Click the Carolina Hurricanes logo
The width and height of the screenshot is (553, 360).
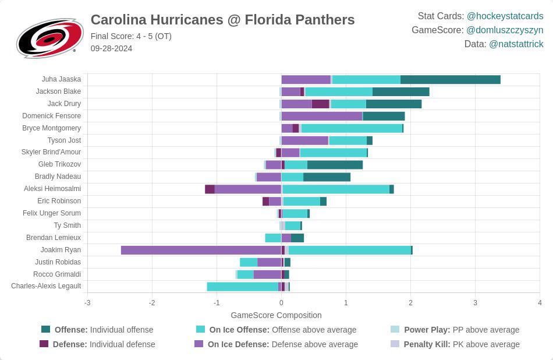(x=49, y=38)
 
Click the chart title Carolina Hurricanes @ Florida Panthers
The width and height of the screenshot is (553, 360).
(x=222, y=20)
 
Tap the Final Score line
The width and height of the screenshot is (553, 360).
(x=131, y=36)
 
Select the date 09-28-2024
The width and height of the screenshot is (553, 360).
(x=111, y=48)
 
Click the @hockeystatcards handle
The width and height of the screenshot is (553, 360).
(x=505, y=16)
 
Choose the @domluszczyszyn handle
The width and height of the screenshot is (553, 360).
(x=505, y=30)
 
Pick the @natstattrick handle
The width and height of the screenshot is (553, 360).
(x=516, y=44)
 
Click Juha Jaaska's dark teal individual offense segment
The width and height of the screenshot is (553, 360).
(x=450, y=79)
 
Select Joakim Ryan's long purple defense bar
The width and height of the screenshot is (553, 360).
(x=201, y=250)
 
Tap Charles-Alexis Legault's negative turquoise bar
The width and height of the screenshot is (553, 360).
(x=242, y=286)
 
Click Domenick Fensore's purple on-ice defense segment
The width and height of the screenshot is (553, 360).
(x=322, y=116)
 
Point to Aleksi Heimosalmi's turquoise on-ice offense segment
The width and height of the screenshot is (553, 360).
(x=336, y=189)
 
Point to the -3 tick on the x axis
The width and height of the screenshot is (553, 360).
(x=87, y=302)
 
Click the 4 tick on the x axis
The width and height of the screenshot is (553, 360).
(x=540, y=302)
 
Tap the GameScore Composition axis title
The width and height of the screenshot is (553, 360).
(x=276, y=315)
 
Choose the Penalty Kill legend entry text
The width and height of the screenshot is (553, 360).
(x=462, y=344)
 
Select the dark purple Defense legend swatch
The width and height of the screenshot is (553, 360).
(x=44, y=344)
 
